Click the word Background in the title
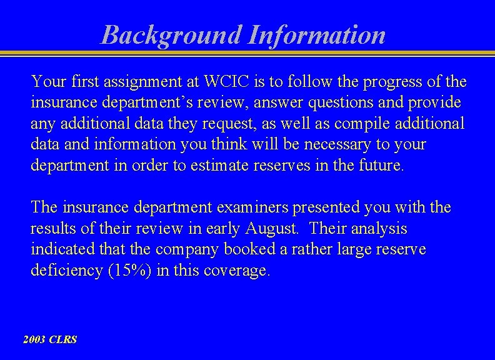point(171,34)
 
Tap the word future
point(381,165)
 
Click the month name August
point(275,229)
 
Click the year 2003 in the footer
point(34,340)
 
